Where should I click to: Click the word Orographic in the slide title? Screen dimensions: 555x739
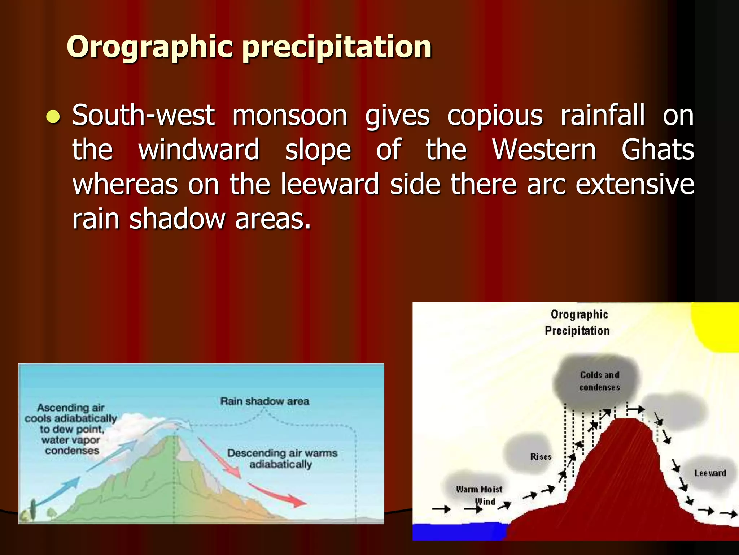(x=150, y=47)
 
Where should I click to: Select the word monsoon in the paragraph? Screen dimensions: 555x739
(x=289, y=116)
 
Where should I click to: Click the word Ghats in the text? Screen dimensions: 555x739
(x=657, y=150)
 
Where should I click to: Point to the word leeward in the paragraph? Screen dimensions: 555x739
(x=330, y=184)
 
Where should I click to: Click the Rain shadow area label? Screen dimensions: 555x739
(x=264, y=401)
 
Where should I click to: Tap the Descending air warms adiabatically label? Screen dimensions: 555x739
(x=282, y=458)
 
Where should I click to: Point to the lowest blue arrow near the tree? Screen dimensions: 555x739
(x=58, y=491)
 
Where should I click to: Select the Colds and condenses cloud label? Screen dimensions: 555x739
(x=599, y=381)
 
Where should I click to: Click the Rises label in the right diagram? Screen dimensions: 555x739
(x=541, y=457)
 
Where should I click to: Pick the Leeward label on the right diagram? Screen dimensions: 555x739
(x=710, y=473)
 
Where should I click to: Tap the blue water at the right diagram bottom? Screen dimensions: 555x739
(x=458, y=531)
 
